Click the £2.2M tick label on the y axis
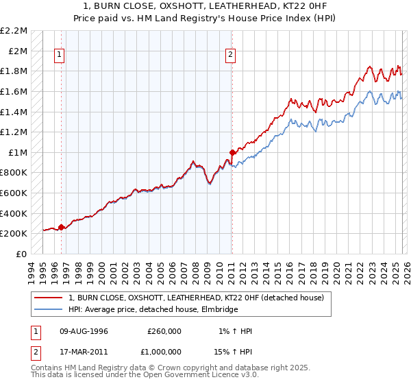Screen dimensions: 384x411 [x=14, y=31]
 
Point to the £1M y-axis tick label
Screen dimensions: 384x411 [x=18, y=152]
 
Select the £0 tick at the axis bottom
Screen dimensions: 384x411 [x=22, y=254]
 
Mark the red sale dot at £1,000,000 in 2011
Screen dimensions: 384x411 [x=232, y=152]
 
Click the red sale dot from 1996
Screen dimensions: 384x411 [x=62, y=227]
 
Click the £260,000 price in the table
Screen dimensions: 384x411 [x=164, y=331]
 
